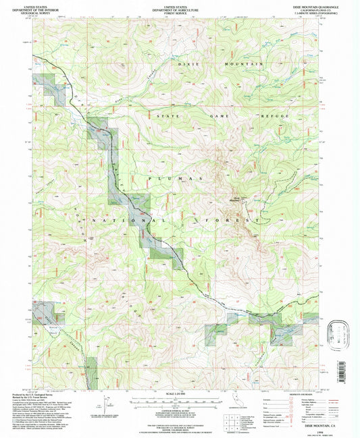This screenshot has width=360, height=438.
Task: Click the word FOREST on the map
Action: pyautogui.click(x=227, y=221)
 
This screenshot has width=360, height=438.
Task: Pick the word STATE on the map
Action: pyautogui.click(x=167, y=116)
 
